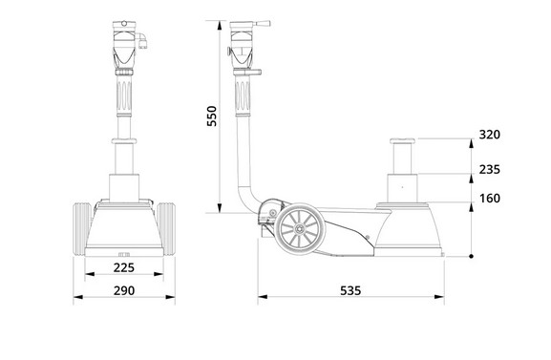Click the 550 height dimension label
tap(212, 116)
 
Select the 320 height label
tap(490, 135)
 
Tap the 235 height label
tap(490, 169)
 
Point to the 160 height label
tap(490, 199)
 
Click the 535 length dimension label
tap(350, 290)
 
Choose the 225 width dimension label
tap(124, 268)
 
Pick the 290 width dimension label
tap(124, 290)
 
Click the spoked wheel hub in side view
tap(300, 228)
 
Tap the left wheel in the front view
tap(81, 229)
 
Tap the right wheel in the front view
tap(166, 229)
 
